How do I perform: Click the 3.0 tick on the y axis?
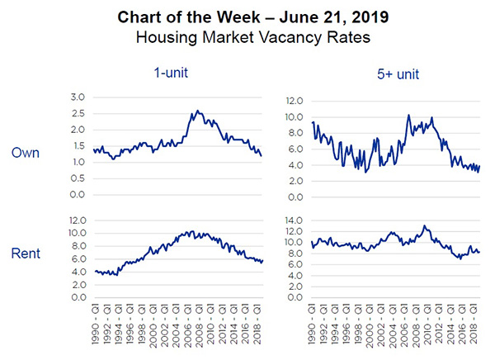(x=78, y=97)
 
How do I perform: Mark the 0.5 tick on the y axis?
(x=78, y=178)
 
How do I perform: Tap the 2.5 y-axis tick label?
(x=78, y=114)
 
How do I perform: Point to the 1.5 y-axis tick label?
(x=78, y=146)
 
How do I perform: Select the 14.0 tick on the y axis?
(x=295, y=220)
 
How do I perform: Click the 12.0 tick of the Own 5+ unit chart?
(x=295, y=101)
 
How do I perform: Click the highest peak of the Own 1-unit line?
(x=196, y=111)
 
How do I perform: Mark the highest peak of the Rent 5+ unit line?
(x=424, y=225)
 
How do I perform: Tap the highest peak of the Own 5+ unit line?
(x=408, y=115)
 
